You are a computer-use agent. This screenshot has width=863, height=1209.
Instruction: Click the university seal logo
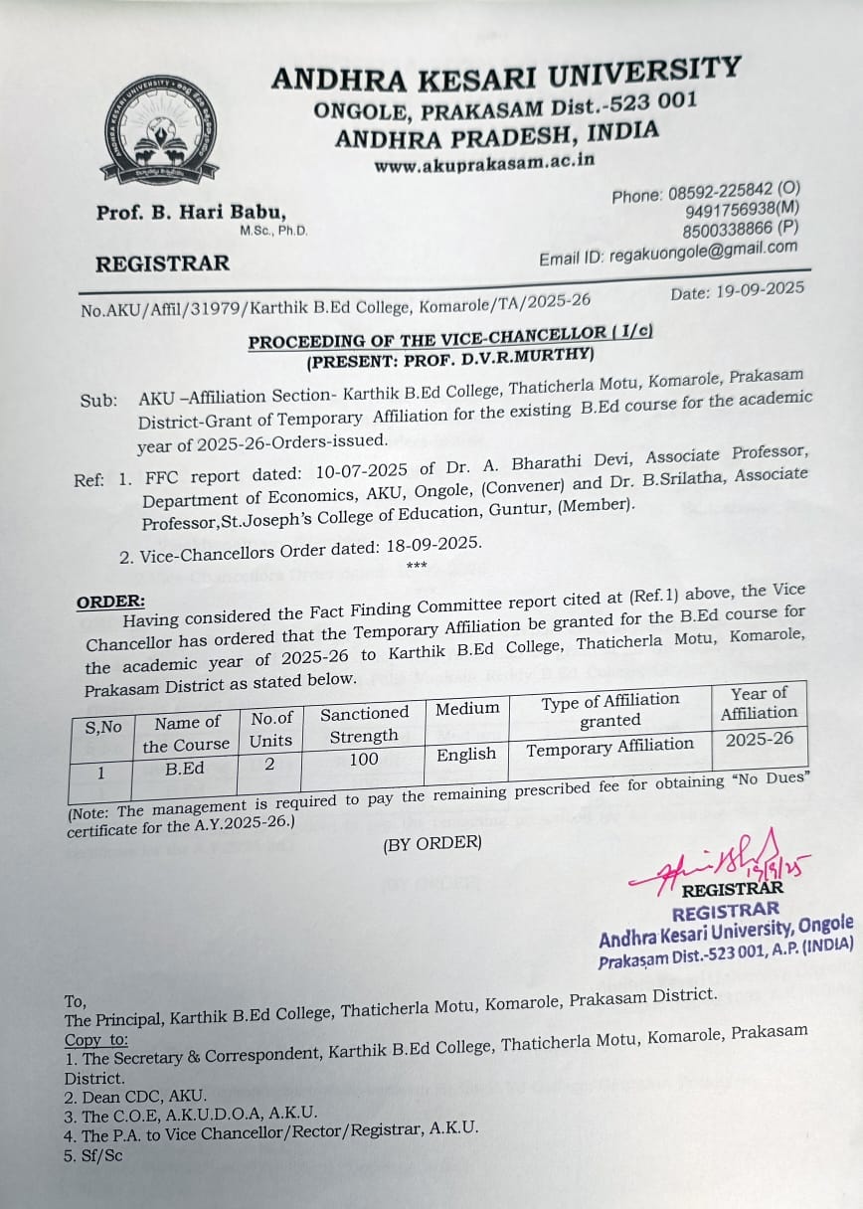160,128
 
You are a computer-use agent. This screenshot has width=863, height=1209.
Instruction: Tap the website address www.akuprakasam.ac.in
484,162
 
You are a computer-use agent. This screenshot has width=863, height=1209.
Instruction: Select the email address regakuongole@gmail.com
709,251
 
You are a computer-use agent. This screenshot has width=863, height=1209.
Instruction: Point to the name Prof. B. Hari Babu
191,212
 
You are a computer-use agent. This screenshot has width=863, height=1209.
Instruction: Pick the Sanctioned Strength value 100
364,760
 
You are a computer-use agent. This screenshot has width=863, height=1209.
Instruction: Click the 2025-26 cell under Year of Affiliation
760,739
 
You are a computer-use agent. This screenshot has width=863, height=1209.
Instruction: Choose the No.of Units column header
271,729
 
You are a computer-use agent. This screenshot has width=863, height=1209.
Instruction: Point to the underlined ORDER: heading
110,602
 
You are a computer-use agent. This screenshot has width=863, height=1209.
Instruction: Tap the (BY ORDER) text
431,843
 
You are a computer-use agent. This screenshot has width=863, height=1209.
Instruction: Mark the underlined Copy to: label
96,1040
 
